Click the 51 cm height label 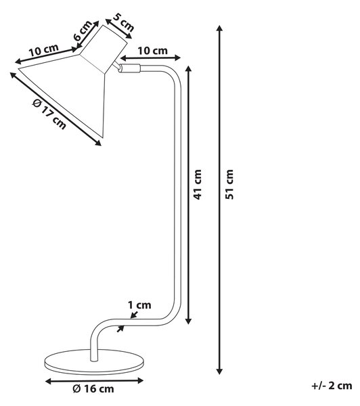pos(229,184)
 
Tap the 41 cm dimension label pos(198,184)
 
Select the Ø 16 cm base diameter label pos(93,388)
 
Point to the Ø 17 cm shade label pos(49,114)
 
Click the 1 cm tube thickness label pos(139,304)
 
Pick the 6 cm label pos(83,30)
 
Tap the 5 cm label pos(124,23)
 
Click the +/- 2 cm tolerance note pos(332,386)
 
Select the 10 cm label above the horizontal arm pos(152,51)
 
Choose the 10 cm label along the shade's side pos(43,50)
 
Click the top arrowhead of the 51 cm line pos(220,28)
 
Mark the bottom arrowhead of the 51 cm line pos(220,371)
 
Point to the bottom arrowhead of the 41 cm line pos(189,321)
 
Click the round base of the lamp pos(94,362)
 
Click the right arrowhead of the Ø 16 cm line pos(140,380)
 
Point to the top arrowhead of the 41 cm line pos(189,69)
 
